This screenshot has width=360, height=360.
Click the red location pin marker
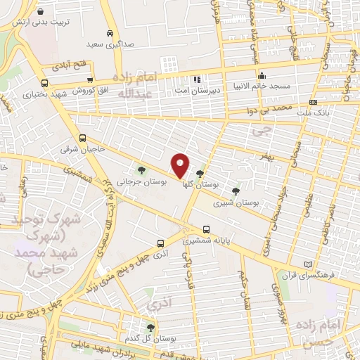coord(180,165)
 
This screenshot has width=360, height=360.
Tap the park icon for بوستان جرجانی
coord(143,170)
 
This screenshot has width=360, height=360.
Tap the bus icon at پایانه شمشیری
coord(207,229)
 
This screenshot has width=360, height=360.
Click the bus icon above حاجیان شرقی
coord(83,139)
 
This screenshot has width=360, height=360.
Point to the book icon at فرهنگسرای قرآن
coord(306,264)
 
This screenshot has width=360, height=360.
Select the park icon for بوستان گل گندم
coord(150,328)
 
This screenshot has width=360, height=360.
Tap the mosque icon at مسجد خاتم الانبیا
coord(262,75)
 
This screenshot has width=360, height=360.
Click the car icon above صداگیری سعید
coord(110,34)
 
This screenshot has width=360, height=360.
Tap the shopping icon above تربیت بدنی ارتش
coord(40,12)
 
